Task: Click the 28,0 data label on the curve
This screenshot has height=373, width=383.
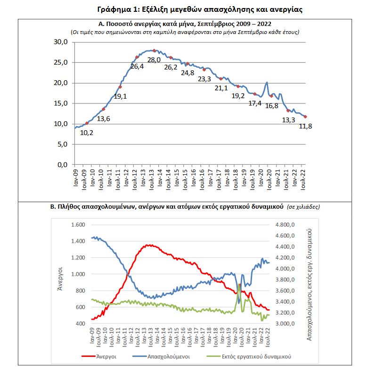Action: [x=154, y=60]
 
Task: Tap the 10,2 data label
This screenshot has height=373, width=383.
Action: [x=87, y=133]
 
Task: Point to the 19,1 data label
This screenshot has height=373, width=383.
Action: [x=121, y=96]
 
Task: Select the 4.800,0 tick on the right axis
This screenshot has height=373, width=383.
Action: [x=285, y=225]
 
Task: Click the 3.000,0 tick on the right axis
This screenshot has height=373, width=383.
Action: [x=285, y=324]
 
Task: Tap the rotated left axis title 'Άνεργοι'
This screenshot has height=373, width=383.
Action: [x=60, y=274]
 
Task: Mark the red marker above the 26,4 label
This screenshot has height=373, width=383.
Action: [x=137, y=57]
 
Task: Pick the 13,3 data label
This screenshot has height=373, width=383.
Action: [x=289, y=120]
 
